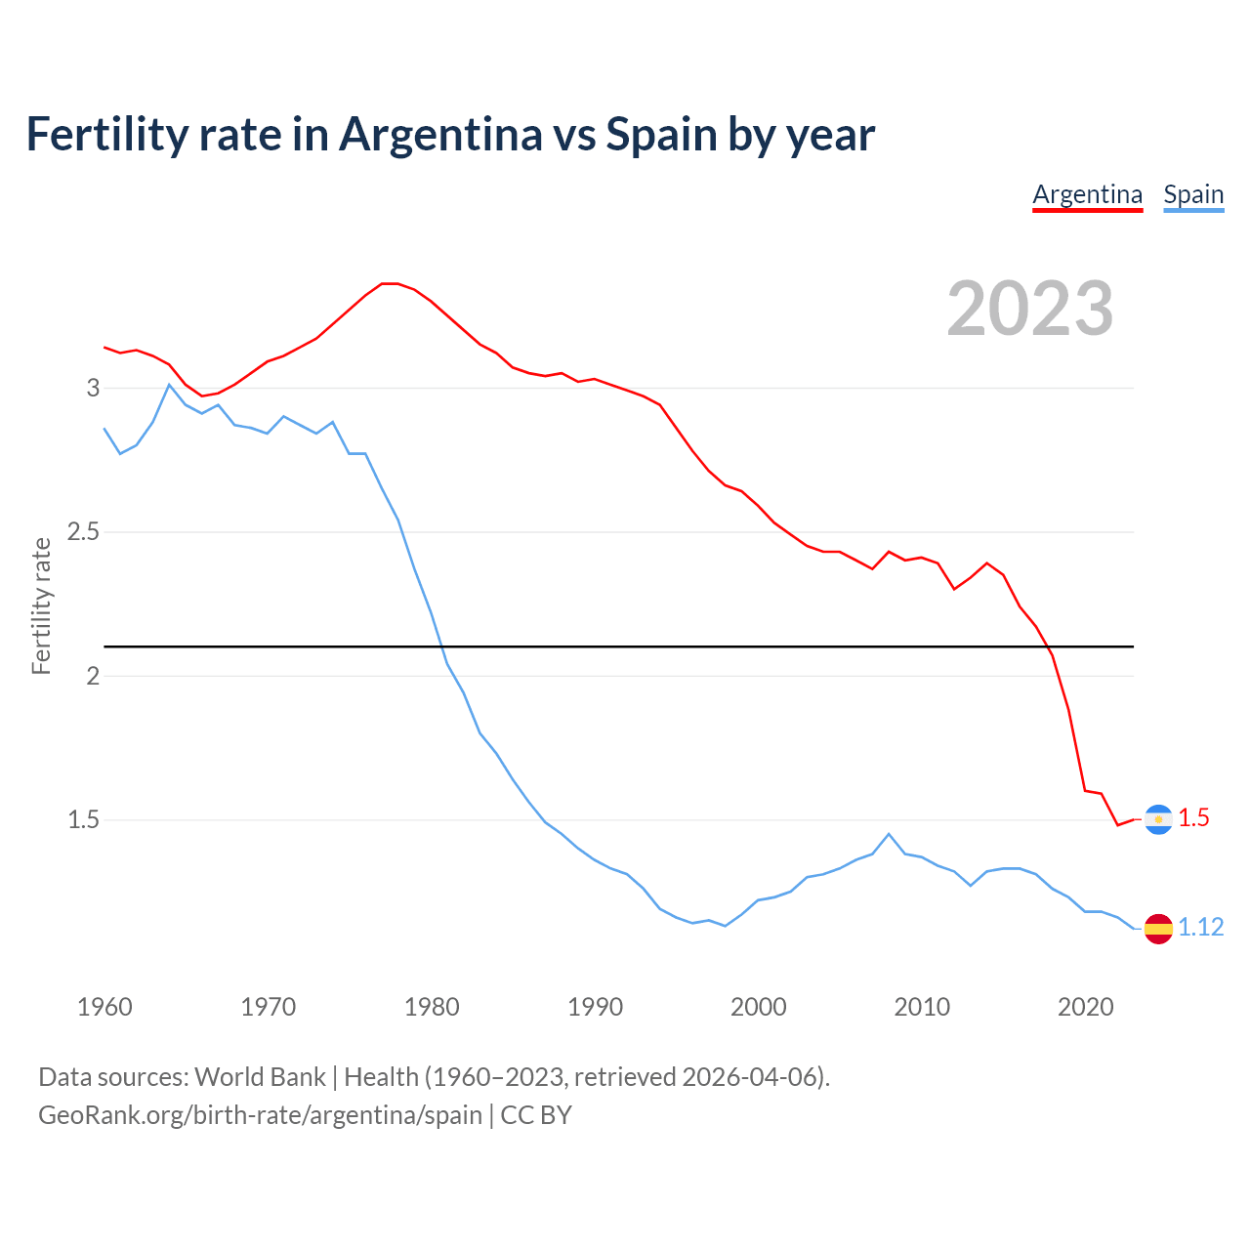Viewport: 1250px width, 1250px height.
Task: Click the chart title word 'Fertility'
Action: [103, 134]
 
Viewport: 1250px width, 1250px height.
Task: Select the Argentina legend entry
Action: [1087, 194]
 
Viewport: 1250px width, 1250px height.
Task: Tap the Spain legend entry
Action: [1193, 194]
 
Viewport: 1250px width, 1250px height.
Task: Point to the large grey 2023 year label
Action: [1030, 309]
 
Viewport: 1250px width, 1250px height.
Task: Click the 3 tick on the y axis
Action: [94, 388]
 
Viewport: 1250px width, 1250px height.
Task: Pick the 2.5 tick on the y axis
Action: [84, 532]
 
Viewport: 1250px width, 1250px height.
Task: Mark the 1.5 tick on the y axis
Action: [84, 819]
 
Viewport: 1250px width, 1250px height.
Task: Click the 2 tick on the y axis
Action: [94, 676]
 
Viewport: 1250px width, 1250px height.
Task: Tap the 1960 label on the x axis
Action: [104, 1007]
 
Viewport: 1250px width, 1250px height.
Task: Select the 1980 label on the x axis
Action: [432, 1007]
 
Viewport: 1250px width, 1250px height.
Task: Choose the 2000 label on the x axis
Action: [758, 1007]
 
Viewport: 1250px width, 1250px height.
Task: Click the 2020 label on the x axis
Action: [1085, 1007]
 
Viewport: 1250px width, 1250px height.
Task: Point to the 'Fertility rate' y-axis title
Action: [41, 605]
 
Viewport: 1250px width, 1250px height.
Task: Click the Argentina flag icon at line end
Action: [1158, 819]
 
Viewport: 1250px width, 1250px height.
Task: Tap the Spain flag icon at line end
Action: [1158, 928]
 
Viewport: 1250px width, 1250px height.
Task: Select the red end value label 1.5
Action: [1193, 818]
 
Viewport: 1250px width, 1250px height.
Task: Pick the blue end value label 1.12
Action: [1200, 928]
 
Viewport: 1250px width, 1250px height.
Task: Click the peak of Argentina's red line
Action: [390, 283]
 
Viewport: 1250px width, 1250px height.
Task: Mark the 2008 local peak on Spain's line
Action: [888, 834]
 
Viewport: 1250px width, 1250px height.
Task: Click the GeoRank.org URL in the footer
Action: [260, 1115]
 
